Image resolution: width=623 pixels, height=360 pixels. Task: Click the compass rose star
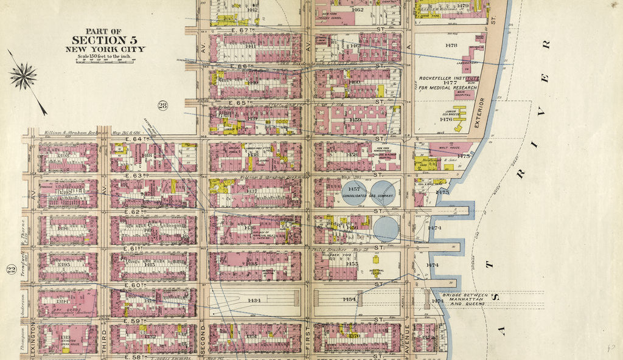[23, 77]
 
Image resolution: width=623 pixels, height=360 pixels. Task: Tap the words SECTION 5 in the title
[106, 40]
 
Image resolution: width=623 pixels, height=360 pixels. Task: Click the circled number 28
[163, 106]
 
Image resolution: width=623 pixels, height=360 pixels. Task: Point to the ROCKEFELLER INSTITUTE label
[450, 79]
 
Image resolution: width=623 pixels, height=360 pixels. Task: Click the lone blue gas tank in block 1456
[386, 229]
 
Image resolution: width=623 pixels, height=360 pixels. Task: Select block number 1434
[254, 300]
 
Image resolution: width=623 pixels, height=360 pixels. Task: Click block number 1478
[451, 46]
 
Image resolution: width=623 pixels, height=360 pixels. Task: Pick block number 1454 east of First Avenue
[349, 300]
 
